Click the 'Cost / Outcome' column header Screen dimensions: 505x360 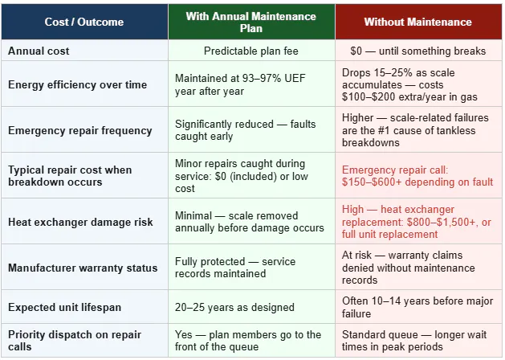click(84, 22)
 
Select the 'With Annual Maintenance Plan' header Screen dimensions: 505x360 click(250, 22)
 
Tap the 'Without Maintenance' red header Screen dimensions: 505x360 click(418, 22)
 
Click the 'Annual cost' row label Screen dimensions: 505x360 click(39, 51)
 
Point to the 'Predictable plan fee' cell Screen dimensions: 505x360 click(251, 51)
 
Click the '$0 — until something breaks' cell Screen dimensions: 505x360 click(418, 51)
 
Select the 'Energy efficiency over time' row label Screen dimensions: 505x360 click(77, 84)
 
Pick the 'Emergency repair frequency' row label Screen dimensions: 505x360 click(79, 130)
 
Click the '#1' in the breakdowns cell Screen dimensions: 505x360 click(383, 130)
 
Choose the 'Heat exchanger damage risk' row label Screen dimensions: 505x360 click(80, 222)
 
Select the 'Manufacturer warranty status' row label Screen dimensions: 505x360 click(83, 268)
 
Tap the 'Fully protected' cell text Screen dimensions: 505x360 click(210, 261)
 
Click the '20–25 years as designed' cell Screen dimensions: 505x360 click(234, 307)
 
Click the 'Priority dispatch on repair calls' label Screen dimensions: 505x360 click(75, 341)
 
